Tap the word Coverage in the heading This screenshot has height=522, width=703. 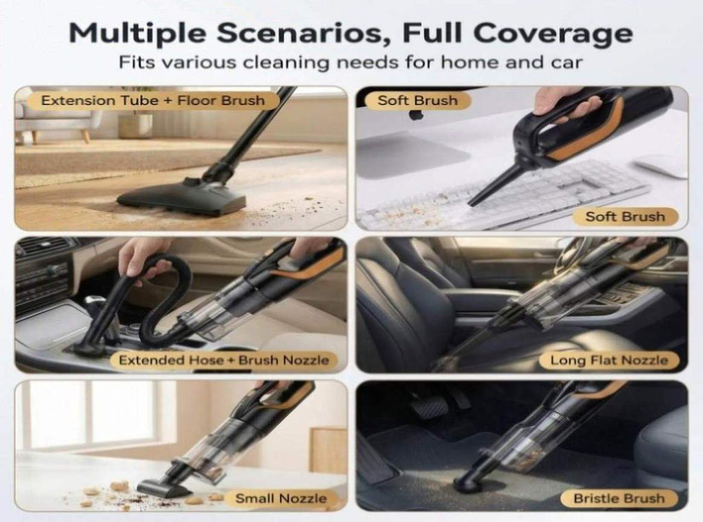click(553, 34)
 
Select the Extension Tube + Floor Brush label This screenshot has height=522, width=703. click(153, 100)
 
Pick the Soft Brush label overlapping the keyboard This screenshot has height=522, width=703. click(625, 216)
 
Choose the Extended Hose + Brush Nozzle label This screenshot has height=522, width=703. click(223, 360)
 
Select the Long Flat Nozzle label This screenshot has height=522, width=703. click(609, 360)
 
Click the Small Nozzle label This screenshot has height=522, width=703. click(281, 498)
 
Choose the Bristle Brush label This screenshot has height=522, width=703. click(619, 498)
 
